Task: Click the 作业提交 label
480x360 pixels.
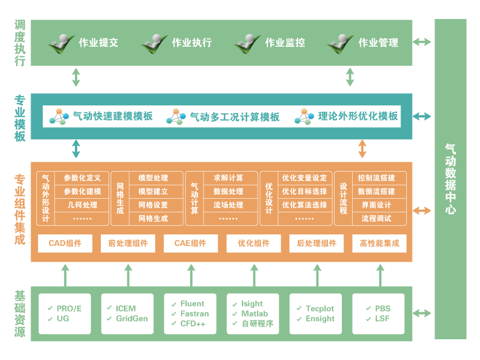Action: [98, 43]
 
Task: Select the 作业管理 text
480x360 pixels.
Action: [378, 43]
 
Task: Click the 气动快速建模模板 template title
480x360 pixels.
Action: [112, 116]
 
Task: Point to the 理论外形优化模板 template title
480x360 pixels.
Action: [358, 116]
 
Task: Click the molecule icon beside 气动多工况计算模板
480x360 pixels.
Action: [176, 117]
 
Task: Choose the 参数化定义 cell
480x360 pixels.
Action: [82, 178]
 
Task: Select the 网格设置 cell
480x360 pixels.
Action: [153, 205]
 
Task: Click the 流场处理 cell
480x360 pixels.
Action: [228, 205]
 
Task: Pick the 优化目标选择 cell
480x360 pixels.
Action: [304, 191]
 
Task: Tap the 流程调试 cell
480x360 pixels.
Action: [376, 219]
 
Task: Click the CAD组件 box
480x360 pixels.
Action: [65, 244]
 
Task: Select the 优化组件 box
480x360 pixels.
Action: [254, 244]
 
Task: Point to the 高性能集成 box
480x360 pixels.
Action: [379, 244]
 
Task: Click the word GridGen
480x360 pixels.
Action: [131, 319]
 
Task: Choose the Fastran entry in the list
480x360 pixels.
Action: [194, 314]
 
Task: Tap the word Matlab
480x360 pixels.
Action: [254, 314]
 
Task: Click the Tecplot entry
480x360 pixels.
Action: [320, 309]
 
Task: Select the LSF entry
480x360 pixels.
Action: [382, 319]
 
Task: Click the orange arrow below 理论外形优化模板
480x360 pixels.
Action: [362, 149]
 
